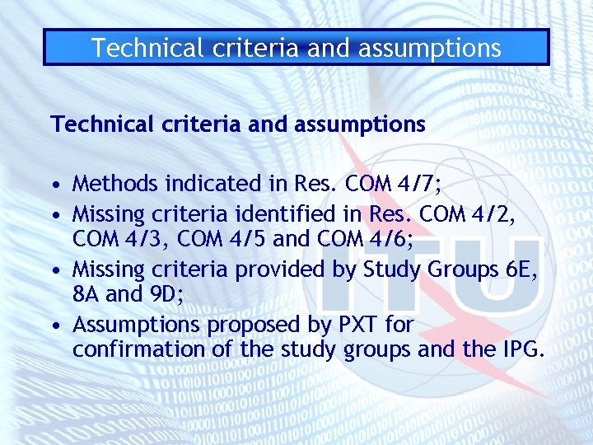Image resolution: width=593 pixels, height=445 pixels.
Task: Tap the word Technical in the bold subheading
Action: (100, 124)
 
